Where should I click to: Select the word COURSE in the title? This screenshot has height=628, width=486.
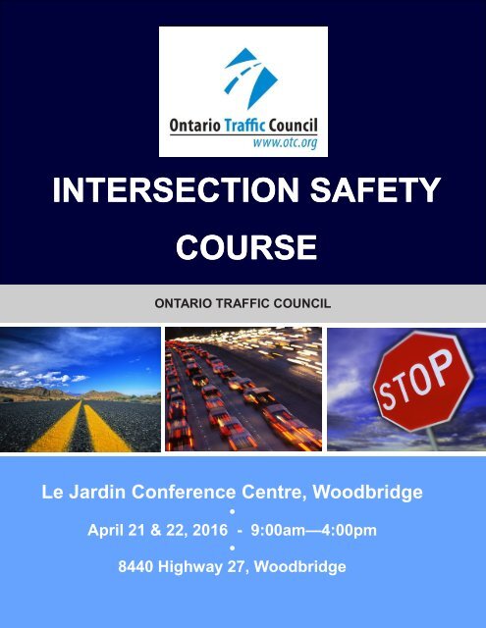[243, 245]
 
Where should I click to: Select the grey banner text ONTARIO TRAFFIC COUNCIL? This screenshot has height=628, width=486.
[243, 302]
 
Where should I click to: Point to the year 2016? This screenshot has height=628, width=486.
[201, 530]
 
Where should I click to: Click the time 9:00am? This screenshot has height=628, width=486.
[280, 530]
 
